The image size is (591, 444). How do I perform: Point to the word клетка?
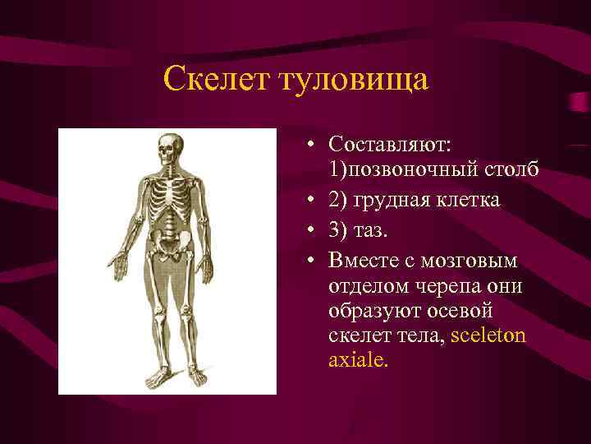(x=470, y=200)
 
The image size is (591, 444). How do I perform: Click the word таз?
(x=370, y=229)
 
